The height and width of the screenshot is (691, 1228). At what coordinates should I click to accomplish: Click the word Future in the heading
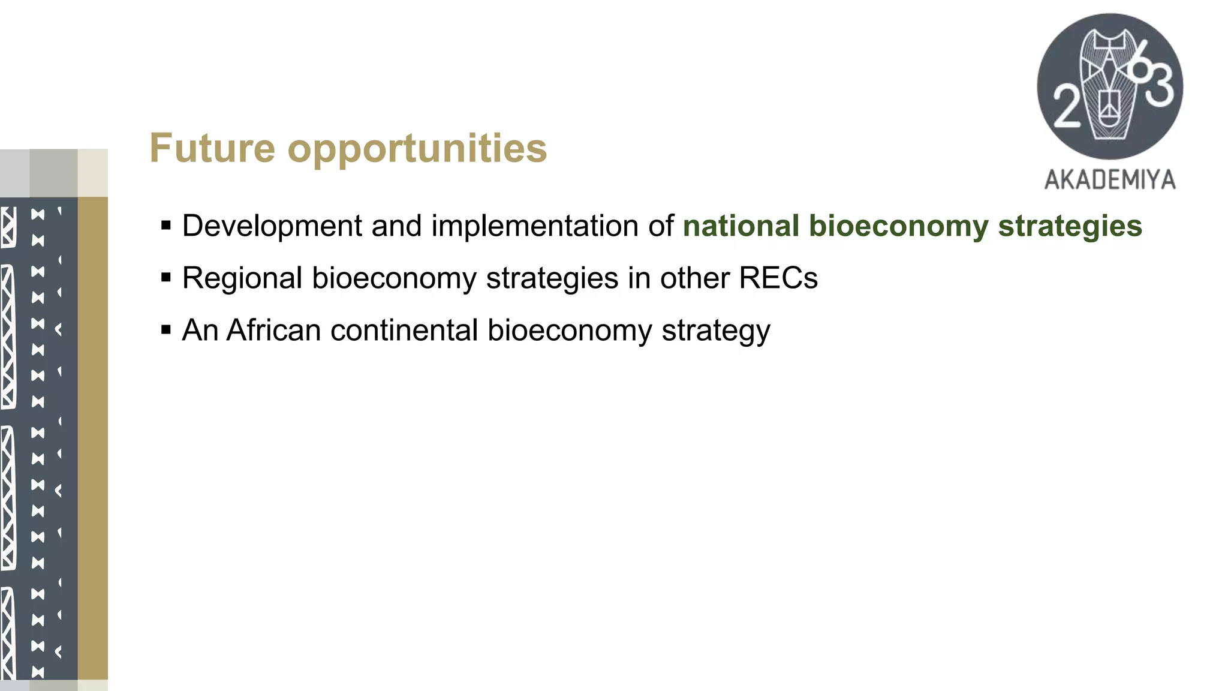point(212,148)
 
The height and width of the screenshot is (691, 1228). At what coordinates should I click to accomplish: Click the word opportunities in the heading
point(417,150)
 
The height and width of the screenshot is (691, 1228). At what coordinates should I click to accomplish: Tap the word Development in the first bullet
point(272,227)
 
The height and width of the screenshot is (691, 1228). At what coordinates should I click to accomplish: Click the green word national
point(741,226)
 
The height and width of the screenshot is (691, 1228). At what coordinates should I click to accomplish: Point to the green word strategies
point(1070,227)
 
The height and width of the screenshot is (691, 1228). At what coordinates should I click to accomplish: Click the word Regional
point(242,279)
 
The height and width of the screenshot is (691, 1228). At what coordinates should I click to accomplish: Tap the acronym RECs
point(778,278)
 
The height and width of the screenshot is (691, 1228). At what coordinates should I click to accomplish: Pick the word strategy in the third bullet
point(716,331)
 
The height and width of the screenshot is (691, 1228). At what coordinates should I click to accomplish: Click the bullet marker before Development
point(166,226)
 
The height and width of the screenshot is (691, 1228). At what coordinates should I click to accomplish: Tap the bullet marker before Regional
point(166,278)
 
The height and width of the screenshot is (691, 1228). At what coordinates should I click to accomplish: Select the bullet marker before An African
point(166,330)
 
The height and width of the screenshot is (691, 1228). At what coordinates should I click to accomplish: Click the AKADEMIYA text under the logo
point(1110,180)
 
